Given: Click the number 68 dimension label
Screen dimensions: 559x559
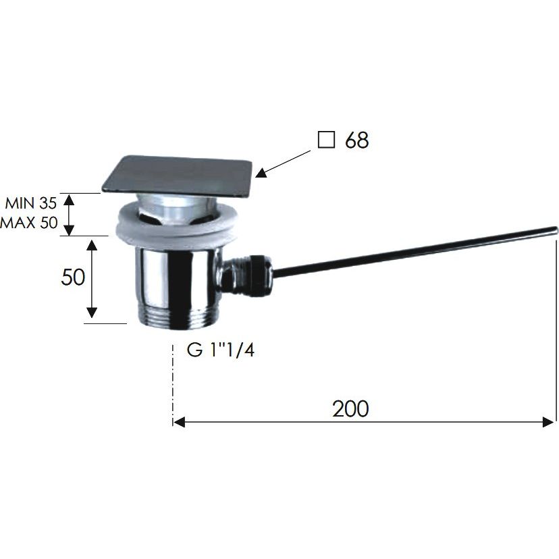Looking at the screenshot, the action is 357,140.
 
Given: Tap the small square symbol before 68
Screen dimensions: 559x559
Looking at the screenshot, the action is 326,139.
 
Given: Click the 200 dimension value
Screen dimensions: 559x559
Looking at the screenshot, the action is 350,409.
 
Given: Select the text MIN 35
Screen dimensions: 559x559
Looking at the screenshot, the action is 31,203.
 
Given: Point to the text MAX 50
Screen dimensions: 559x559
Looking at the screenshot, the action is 29,223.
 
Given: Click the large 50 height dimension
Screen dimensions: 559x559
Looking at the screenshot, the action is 73,277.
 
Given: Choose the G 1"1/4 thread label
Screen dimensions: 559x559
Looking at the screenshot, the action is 221,350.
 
